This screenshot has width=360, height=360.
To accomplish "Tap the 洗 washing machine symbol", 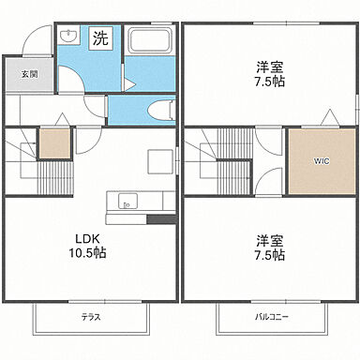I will click(x=99, y=39).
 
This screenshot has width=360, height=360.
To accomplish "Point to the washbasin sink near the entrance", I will click(x=67, y=37).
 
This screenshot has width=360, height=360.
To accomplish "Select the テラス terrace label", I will click(x=91, y=317).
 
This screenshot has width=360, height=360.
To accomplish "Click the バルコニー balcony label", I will click(x=272, y=317).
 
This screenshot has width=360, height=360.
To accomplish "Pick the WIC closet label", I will click(x=322, y=160).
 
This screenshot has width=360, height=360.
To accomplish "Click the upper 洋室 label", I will click(x=271, y=66).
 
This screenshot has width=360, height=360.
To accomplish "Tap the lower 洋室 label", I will click(x=271, y=238).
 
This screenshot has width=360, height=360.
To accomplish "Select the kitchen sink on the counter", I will click(x=127, y=200).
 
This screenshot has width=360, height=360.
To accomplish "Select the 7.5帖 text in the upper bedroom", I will click(x=271, y=82).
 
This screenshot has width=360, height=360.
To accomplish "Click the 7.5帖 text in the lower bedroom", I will click(x=271, y=255).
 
